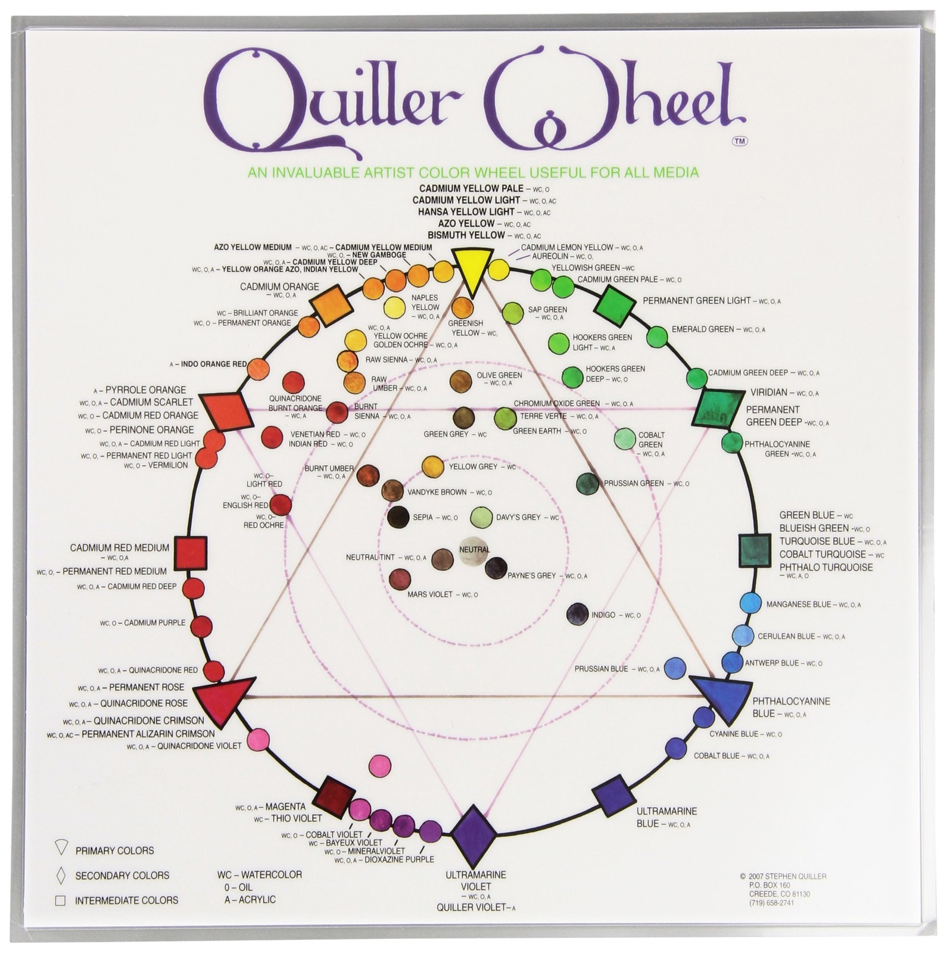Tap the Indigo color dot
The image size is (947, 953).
tap(577, 614)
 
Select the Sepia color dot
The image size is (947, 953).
tap(398, 517)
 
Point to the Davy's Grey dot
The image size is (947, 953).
tap(481, 517)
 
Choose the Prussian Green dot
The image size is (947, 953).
tap(587, 483)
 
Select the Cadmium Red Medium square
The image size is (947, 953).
tap(191, 552)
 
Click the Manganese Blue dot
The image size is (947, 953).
tap(750, 603)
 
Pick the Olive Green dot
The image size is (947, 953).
tap(461, 379)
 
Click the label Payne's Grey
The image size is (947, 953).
tap(531, 576)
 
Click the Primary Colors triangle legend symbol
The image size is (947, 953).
tap(61, 848)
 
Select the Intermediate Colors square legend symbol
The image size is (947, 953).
tap(60, 900)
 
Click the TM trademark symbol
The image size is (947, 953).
tap(740, 141)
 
